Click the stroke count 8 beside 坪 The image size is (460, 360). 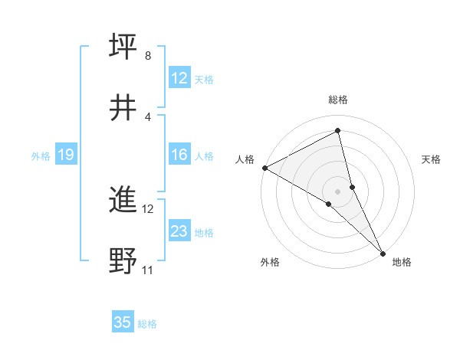pos(148,56)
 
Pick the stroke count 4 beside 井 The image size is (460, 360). pos(148,116)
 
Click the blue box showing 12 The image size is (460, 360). pos(179,78)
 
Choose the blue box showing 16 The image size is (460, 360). pos(179,155)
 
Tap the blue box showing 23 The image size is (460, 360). pos(179,231)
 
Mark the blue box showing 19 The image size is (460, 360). pos(65,155)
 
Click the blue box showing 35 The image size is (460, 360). pos(123,322)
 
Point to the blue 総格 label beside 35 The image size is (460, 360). pos(147,324)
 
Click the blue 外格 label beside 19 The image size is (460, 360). pos(41,156)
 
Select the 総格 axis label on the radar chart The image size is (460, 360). pos(338,100)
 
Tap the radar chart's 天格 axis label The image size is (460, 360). pos(431,159)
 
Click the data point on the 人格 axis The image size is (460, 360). pos(264,168)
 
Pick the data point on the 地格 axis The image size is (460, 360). pos(383,252)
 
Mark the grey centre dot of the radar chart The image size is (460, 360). pos(338,191)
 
